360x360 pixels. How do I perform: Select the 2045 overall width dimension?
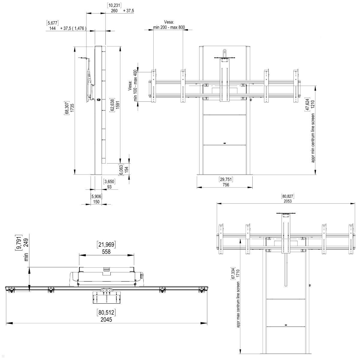106,319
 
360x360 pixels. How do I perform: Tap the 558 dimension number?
106,252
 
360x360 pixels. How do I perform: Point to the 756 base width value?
226,185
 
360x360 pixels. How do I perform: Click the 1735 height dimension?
72,110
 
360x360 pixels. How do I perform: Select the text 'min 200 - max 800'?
169,27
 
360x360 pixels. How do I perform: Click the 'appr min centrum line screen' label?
313,138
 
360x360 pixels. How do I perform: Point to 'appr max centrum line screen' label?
238,304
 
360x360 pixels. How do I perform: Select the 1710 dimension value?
238,274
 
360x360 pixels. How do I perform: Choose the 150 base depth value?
96,202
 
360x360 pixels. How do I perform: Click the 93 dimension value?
109,187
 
